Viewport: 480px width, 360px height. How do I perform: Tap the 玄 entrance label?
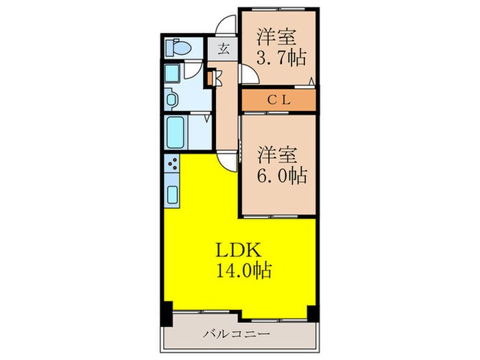click(x=224, y=49)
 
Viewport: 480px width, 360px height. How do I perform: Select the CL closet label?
click(x=280, y=100)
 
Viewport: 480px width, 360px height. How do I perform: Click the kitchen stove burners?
click(x=171, y=165)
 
